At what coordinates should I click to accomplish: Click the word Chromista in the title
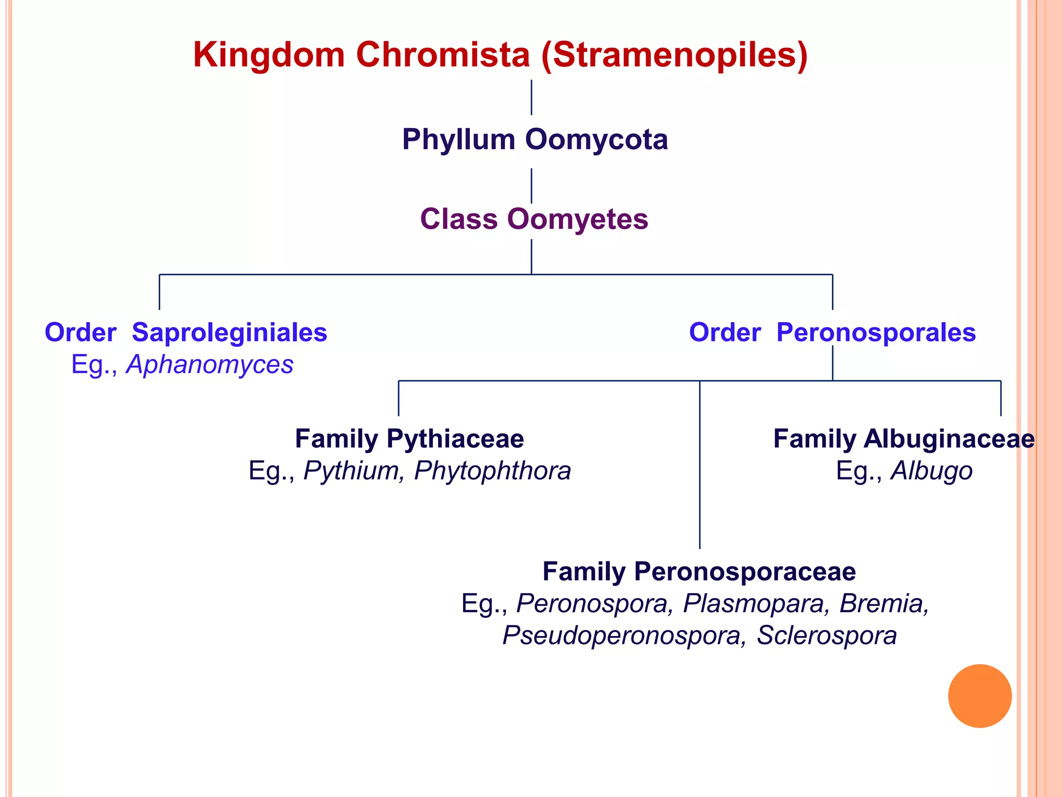tap(443, 54)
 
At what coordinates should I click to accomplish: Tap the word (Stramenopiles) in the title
tap(674, 56)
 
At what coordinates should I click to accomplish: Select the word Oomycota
tap(596, 140)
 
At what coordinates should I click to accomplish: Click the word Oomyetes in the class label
tap(577, 219)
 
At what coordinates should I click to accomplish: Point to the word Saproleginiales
tap(229, 333)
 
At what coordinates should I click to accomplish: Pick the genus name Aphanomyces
tap(210, 364)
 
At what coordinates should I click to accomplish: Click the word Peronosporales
tap(876, 333)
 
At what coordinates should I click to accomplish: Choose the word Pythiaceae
tap(455, 439)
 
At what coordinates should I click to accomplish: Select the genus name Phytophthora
tap(492, 471)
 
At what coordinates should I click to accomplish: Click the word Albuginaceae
tap(949, 439)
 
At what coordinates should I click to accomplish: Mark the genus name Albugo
tap(932, 471)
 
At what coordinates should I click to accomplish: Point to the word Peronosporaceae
tap(745, 572)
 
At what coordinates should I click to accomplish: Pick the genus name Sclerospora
tap(826, 636)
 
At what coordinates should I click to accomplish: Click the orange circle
tap(979, 696)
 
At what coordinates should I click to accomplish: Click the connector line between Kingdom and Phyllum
tap(531, 97)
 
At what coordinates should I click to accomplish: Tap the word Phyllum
tap(458, 140)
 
